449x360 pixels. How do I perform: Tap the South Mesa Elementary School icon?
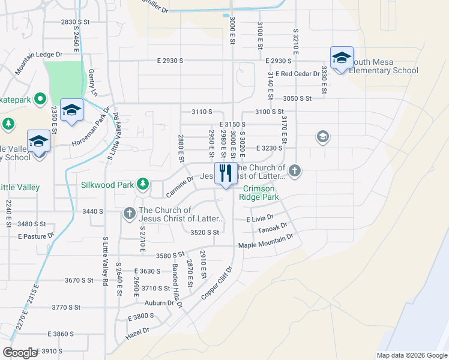(342, 58)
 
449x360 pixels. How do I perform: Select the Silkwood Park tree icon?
(142, 183)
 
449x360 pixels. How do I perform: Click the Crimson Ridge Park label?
(259, 192)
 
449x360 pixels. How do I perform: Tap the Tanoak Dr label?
(272, 229)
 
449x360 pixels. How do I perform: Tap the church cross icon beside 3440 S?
(129, 212)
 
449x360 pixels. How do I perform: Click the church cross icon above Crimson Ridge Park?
(294, 171)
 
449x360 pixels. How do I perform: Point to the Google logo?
(20, 353)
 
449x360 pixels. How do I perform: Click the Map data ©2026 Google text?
(411, 355)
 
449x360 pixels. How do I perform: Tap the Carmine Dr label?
(180, 187)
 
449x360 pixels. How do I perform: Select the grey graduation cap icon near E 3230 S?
(323, 137)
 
